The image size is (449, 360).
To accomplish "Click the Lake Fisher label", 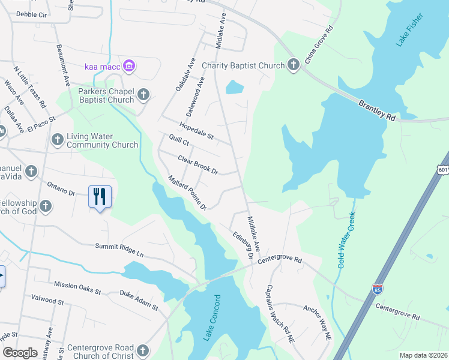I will coord(409,29).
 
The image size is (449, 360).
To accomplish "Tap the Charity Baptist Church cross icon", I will coord(294,65).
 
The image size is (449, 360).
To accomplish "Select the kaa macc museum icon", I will coord(128,65).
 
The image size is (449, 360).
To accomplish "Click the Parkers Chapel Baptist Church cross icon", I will coord(143,94).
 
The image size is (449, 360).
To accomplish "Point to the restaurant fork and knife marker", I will coord(99,196).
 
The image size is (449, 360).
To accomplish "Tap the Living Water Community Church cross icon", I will coord(57,139).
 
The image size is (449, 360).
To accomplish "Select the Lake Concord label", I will coord(211,318).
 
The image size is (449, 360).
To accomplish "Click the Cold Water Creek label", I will coord(346,239).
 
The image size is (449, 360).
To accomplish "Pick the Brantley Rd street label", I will coord(378,111).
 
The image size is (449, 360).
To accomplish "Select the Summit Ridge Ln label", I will coord(119,249).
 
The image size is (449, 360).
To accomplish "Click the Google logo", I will coord(20,353).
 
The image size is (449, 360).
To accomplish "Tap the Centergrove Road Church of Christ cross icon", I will coord(142,350).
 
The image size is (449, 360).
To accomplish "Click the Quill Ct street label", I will coord(179,142).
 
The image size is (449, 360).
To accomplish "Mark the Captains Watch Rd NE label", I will coord(280,313).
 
